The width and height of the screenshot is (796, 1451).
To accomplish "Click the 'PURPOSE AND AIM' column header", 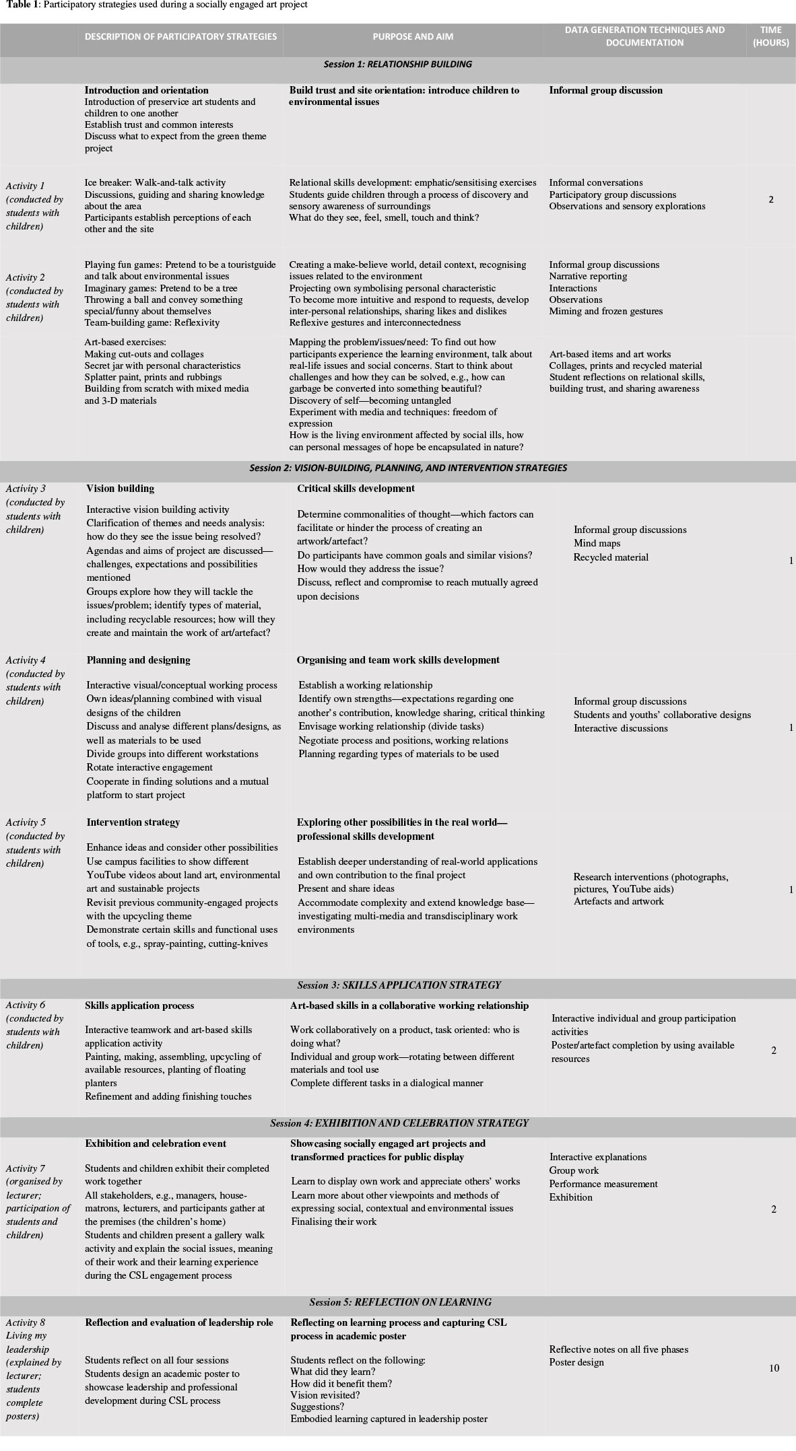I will (412, 36).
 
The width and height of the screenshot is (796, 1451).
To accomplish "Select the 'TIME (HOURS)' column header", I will (770, 36).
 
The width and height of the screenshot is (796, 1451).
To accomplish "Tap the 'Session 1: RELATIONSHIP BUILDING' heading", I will (397, 65).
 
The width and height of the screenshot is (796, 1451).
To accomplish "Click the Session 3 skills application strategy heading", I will (399, 985).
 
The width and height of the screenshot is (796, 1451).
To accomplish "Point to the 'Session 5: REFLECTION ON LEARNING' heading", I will (400, 1302).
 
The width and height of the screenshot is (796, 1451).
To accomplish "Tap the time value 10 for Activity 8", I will (774, 1368).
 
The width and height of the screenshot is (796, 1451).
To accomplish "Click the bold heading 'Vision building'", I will (120, 489).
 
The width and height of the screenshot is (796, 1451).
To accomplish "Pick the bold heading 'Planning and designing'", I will (138, 660).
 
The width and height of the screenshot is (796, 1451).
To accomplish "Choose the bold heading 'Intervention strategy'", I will (133, 822).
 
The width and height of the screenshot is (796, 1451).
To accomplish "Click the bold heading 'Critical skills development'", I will (356, 489).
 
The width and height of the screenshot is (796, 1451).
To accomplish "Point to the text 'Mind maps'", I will (597, 543).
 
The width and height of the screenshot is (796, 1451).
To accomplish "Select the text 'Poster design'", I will (576, 1363).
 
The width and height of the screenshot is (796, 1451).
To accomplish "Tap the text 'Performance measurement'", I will (603, 1184).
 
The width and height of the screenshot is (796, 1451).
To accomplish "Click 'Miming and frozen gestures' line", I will (605, 311).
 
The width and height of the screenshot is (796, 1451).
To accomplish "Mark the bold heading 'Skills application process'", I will (139, 1005).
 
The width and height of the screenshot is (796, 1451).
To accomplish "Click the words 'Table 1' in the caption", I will (20, 5).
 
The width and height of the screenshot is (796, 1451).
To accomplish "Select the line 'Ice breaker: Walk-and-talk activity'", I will (155, 182).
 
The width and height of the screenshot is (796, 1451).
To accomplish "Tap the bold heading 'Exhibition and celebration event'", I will (156, 1143).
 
